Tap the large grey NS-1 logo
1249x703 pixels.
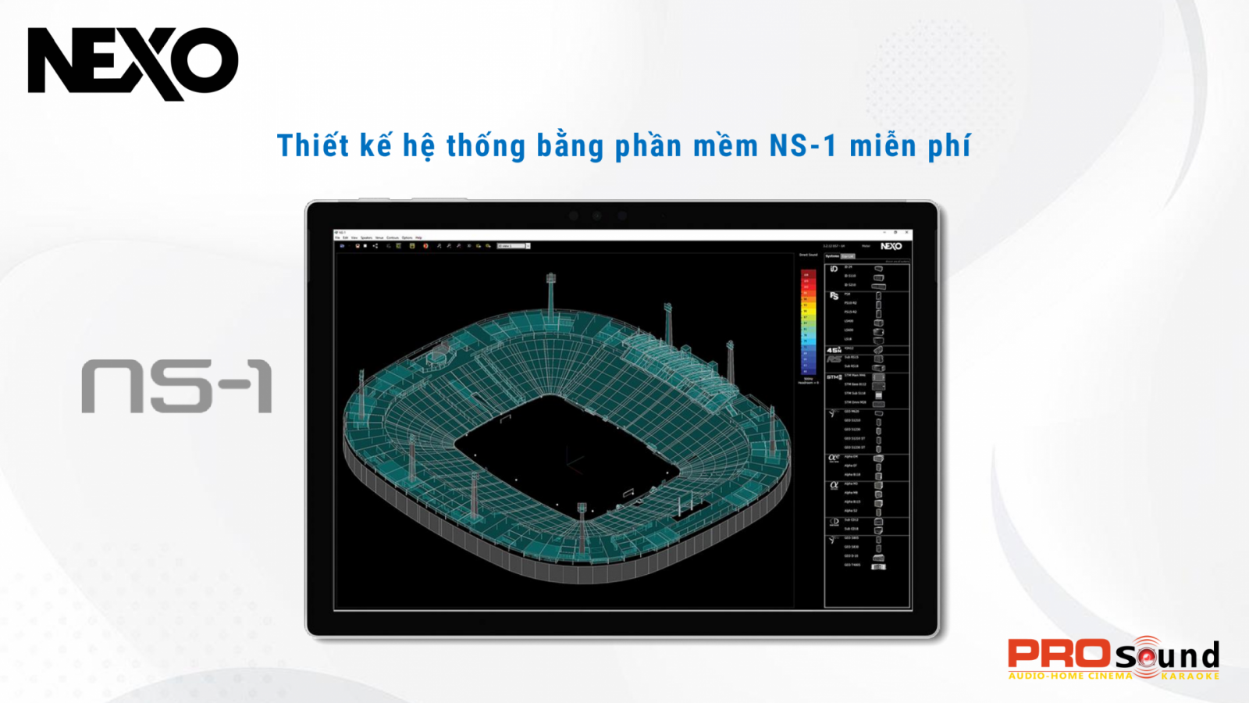(177, 386)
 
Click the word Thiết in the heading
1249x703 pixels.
(313, 146)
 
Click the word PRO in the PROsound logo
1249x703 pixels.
(1059, 654)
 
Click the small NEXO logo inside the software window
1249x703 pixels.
(891, 246)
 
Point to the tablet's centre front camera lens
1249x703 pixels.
(597, 216)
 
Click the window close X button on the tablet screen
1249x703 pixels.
(906, 233)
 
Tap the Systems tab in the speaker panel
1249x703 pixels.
(832, 256)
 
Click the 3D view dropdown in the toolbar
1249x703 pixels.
(514, 246)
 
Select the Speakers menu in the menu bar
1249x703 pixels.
(366, 237)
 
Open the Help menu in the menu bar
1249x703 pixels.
(418, 237)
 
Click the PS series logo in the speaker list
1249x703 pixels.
(834, 296)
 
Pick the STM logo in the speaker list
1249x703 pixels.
(834, 376)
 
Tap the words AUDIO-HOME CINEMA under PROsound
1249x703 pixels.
(1069, 676)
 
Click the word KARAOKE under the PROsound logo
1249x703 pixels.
(1190, 676)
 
